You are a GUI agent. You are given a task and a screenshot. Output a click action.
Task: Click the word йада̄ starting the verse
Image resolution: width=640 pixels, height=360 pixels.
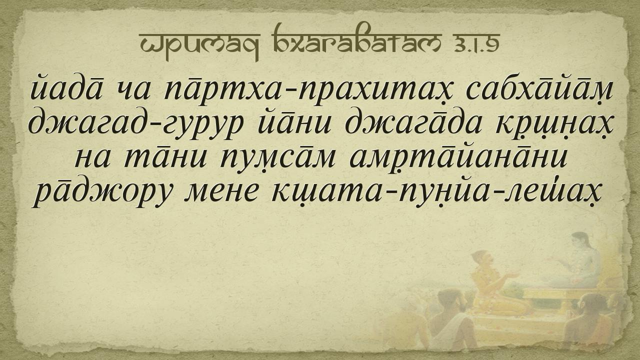66,88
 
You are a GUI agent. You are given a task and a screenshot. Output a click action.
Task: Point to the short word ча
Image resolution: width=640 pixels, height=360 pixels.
133,92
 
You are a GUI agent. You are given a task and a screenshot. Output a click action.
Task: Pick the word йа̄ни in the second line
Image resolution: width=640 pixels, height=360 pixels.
294,122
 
